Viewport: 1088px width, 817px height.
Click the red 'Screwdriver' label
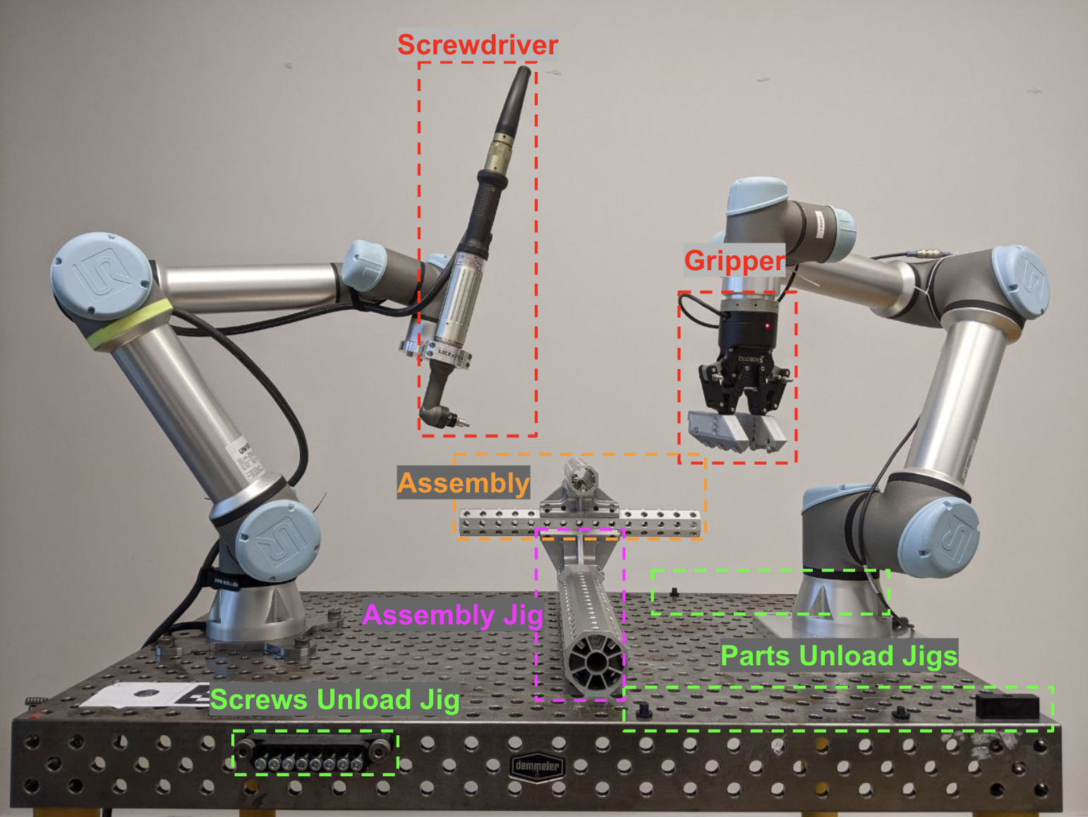tap(478, 44)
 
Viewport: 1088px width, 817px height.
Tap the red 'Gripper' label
tap(735, 260)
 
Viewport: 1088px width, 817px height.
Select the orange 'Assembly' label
tap(463, 483)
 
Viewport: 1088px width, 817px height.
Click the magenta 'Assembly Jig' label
tap(452, 615)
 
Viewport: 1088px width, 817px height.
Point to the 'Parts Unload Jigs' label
tap(839, 656)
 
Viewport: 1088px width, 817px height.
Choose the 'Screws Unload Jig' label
tap(334, 700)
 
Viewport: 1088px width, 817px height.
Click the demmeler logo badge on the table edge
tap(538, 766)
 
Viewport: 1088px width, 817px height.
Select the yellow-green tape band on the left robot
tap(131, 324)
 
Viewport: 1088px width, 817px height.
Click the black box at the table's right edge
tap(1008, 706)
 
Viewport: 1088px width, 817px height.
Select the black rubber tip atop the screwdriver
tap(517, 92)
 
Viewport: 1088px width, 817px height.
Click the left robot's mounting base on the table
tap(258, 621)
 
